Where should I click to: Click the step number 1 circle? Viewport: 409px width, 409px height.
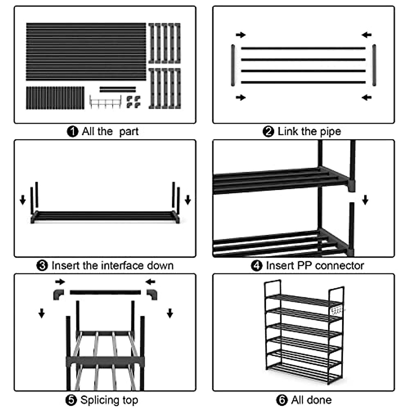pyautogui.click(x=72, y=132)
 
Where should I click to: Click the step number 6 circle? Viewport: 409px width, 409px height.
pyautogui.click(x=282, y=400)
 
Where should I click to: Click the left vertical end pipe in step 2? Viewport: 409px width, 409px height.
pyautogui.click(x=233, y=65)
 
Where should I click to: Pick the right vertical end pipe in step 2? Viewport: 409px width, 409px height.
pyautogui.click(x=374, y=65)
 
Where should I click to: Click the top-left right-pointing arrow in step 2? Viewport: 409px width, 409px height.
pyautogui.click(x=241, y=35)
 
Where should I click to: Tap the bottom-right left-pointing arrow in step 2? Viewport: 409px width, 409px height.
pyautogui.click(x=366, y=98)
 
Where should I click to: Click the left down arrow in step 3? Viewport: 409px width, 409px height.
pyautogui.click(x=23, y=200)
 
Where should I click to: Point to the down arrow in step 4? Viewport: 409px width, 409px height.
pyautogui.click(x=365, y=200)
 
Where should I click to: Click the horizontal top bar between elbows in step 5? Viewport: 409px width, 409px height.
pyautogui.click(x=105, y=292)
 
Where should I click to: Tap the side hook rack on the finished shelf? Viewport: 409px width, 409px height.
pyautogui.click(x=337, y=311)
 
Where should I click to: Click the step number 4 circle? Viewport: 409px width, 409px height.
pyautogui.click(x=256, y=266)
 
